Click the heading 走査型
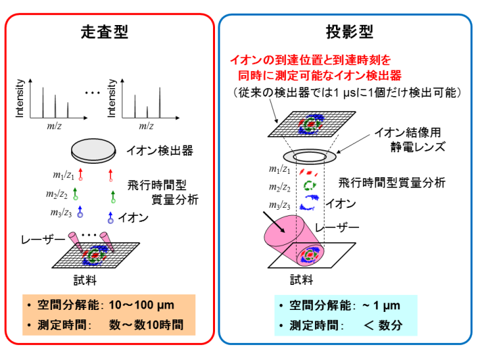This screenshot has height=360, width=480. coord(109,32)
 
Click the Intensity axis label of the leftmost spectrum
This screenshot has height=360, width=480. coord(20,99)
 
